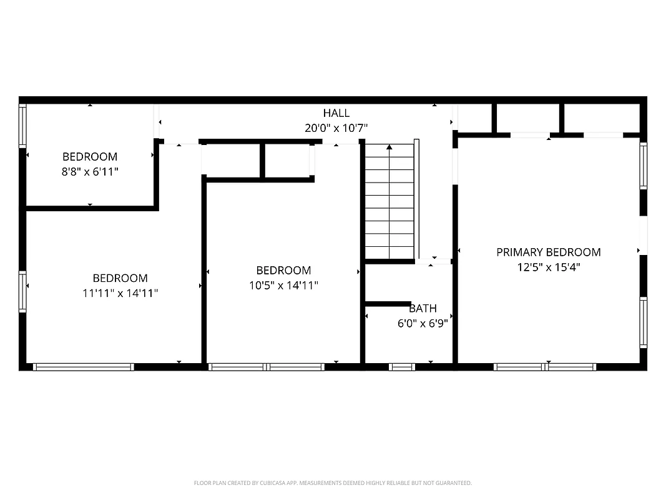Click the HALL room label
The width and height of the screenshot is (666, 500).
tap(336, 113)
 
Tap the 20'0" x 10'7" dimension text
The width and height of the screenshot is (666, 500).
tap(336, 128)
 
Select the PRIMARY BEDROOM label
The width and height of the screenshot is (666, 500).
tap(548, 252)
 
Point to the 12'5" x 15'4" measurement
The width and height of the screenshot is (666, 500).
tap(548, 267)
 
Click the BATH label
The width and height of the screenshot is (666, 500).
tap(423, 309)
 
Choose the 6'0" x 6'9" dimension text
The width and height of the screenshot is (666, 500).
tap(423, 324)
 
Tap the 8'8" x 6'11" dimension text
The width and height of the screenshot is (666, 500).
tap(90, 171)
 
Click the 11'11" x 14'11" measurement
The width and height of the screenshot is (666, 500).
tap(120, 293)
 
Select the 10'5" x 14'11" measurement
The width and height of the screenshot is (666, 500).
tap(283, 286)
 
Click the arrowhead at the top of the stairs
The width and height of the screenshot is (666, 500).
tap(389, 147)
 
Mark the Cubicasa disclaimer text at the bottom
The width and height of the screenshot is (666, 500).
tap(333, 483)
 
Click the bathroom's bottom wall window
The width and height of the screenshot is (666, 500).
tap(402, 367)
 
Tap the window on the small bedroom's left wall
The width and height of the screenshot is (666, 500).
tap(22, 126)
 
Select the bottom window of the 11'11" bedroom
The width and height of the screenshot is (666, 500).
tap(83, 367)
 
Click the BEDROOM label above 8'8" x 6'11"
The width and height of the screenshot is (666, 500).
tap(90, 156)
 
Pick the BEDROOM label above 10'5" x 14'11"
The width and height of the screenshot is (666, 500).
tap(283, 271)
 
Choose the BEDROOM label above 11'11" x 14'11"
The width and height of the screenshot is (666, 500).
tap(120, 278)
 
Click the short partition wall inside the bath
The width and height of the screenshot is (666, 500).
tap(388, 304)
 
